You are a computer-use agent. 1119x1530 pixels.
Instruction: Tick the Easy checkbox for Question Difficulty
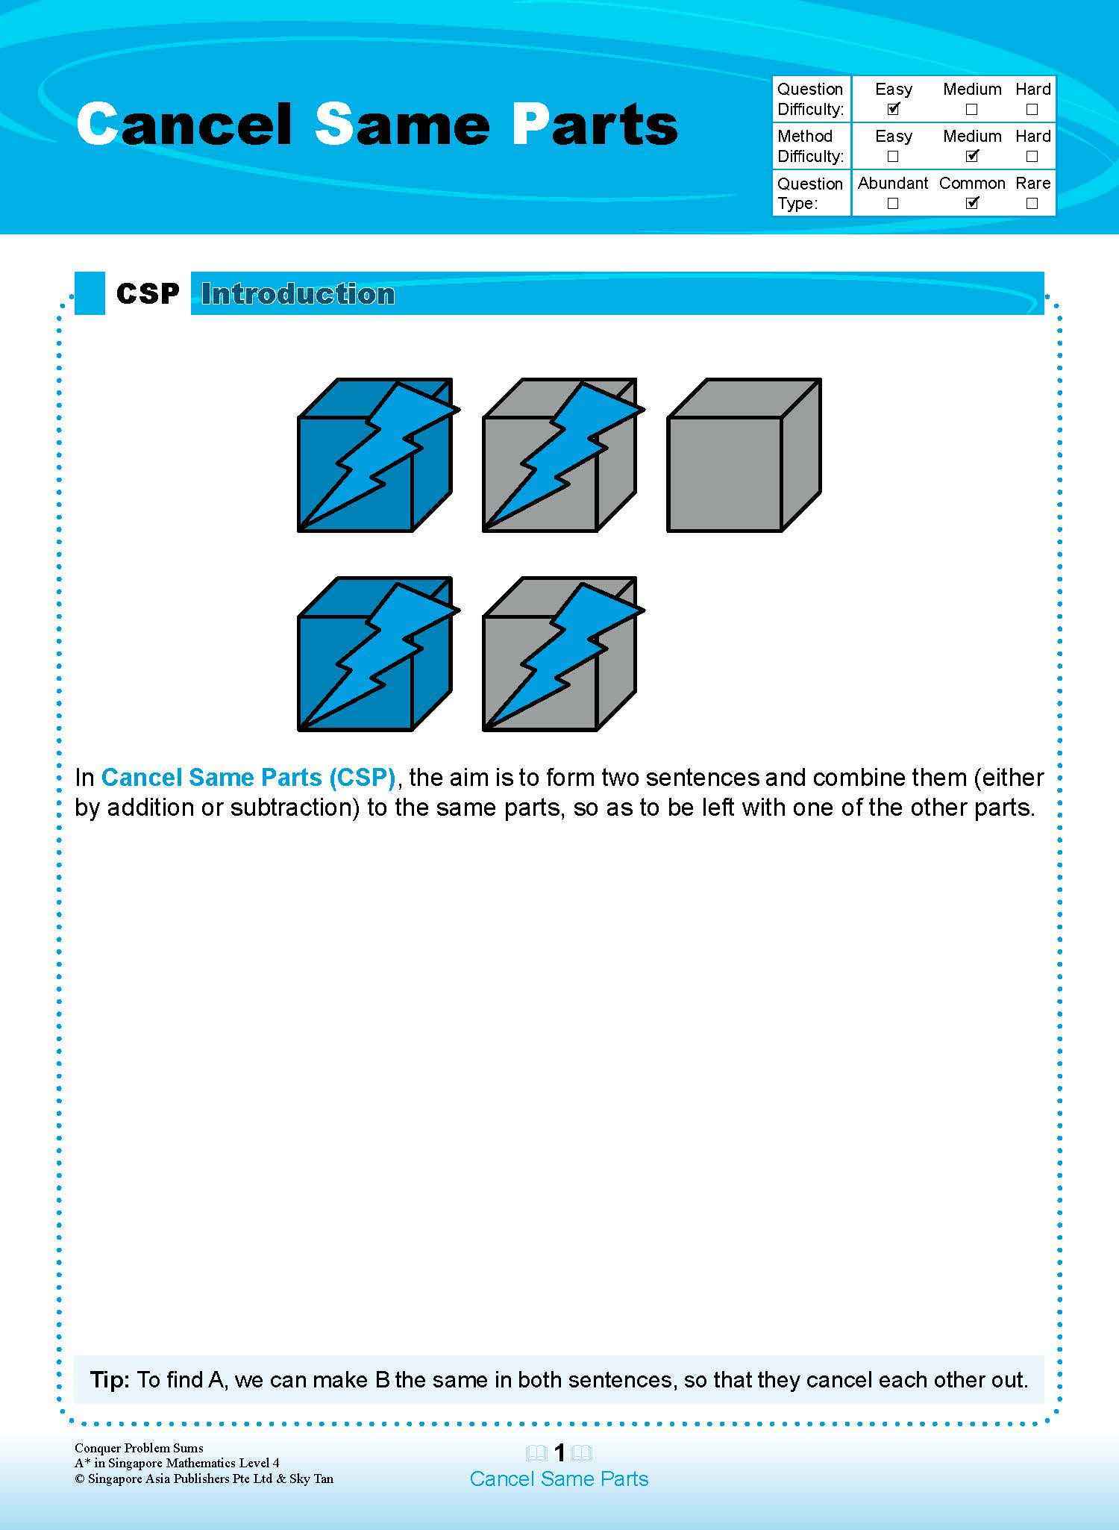[893, 109]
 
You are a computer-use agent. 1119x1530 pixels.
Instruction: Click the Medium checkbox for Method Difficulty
[971, 156]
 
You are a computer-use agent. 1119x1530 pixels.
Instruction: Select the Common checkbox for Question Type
[971, 203]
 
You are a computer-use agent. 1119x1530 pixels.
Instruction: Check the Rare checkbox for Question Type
[1032, 203]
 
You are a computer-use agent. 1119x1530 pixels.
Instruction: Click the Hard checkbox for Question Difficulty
[1032, 109]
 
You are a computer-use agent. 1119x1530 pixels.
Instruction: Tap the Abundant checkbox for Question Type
[892, 203]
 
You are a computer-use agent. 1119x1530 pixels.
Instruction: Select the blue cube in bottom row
[373, 655]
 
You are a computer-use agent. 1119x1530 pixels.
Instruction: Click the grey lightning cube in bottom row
[558, 655]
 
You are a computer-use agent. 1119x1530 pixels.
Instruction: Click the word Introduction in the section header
[298, 294]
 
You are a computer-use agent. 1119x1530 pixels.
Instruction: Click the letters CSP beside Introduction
[148, 294]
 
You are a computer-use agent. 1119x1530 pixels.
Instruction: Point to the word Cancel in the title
[184, 124]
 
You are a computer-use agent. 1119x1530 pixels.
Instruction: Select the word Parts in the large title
[595, 124]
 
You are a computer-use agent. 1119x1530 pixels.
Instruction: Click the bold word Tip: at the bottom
[110, 1379]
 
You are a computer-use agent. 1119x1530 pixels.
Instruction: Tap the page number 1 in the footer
[559, 1452]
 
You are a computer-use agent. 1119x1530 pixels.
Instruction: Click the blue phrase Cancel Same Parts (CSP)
[248, 778]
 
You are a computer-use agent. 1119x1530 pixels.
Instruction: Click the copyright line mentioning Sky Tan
[204, 1479]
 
